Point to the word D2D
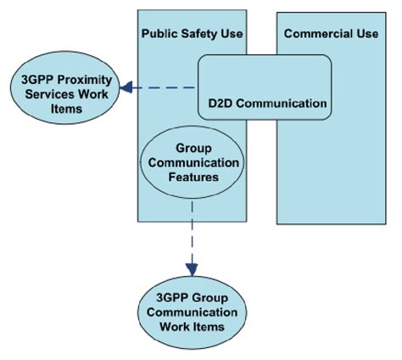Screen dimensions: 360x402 pos(221,104)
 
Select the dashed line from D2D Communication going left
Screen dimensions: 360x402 pos(166,87)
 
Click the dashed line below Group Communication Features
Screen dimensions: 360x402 pos(193,229)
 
